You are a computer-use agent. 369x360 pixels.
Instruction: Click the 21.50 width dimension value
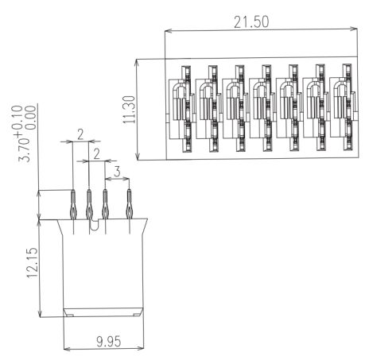point(251,22)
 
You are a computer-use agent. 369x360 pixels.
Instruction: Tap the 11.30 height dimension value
point(130,110)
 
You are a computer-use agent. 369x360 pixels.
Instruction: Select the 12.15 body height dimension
point(33,263)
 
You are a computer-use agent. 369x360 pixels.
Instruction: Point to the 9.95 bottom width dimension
point(109,342)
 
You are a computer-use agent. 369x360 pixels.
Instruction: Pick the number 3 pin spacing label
point(117,172)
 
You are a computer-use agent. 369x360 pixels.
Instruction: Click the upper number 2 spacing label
point(80,134)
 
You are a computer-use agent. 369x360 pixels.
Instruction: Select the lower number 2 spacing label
point(97,154)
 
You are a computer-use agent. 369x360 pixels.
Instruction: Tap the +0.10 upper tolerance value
point(18,121)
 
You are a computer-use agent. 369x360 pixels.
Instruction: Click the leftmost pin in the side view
point(73,204)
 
